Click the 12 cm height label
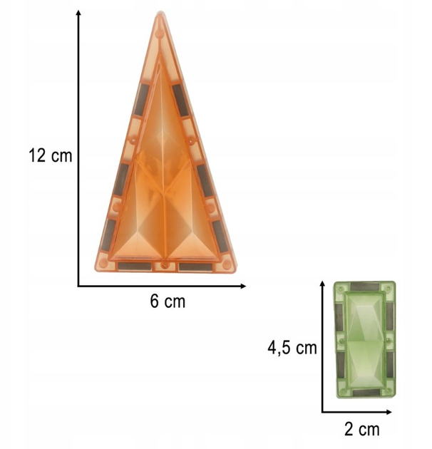coord(49,156)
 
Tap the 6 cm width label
coord(168,301)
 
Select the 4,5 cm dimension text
coord(292,348)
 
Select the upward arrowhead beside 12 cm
coord(78,13)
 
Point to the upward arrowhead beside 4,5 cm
coord(322,285)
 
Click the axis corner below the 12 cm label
coord(78,286)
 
